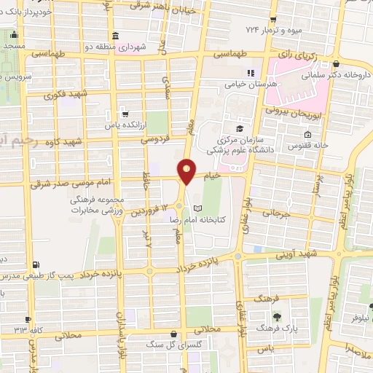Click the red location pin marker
coord(187,170)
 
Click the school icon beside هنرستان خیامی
coord(251,73)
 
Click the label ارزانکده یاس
coord(122,125)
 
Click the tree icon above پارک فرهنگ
coord(277,317)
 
